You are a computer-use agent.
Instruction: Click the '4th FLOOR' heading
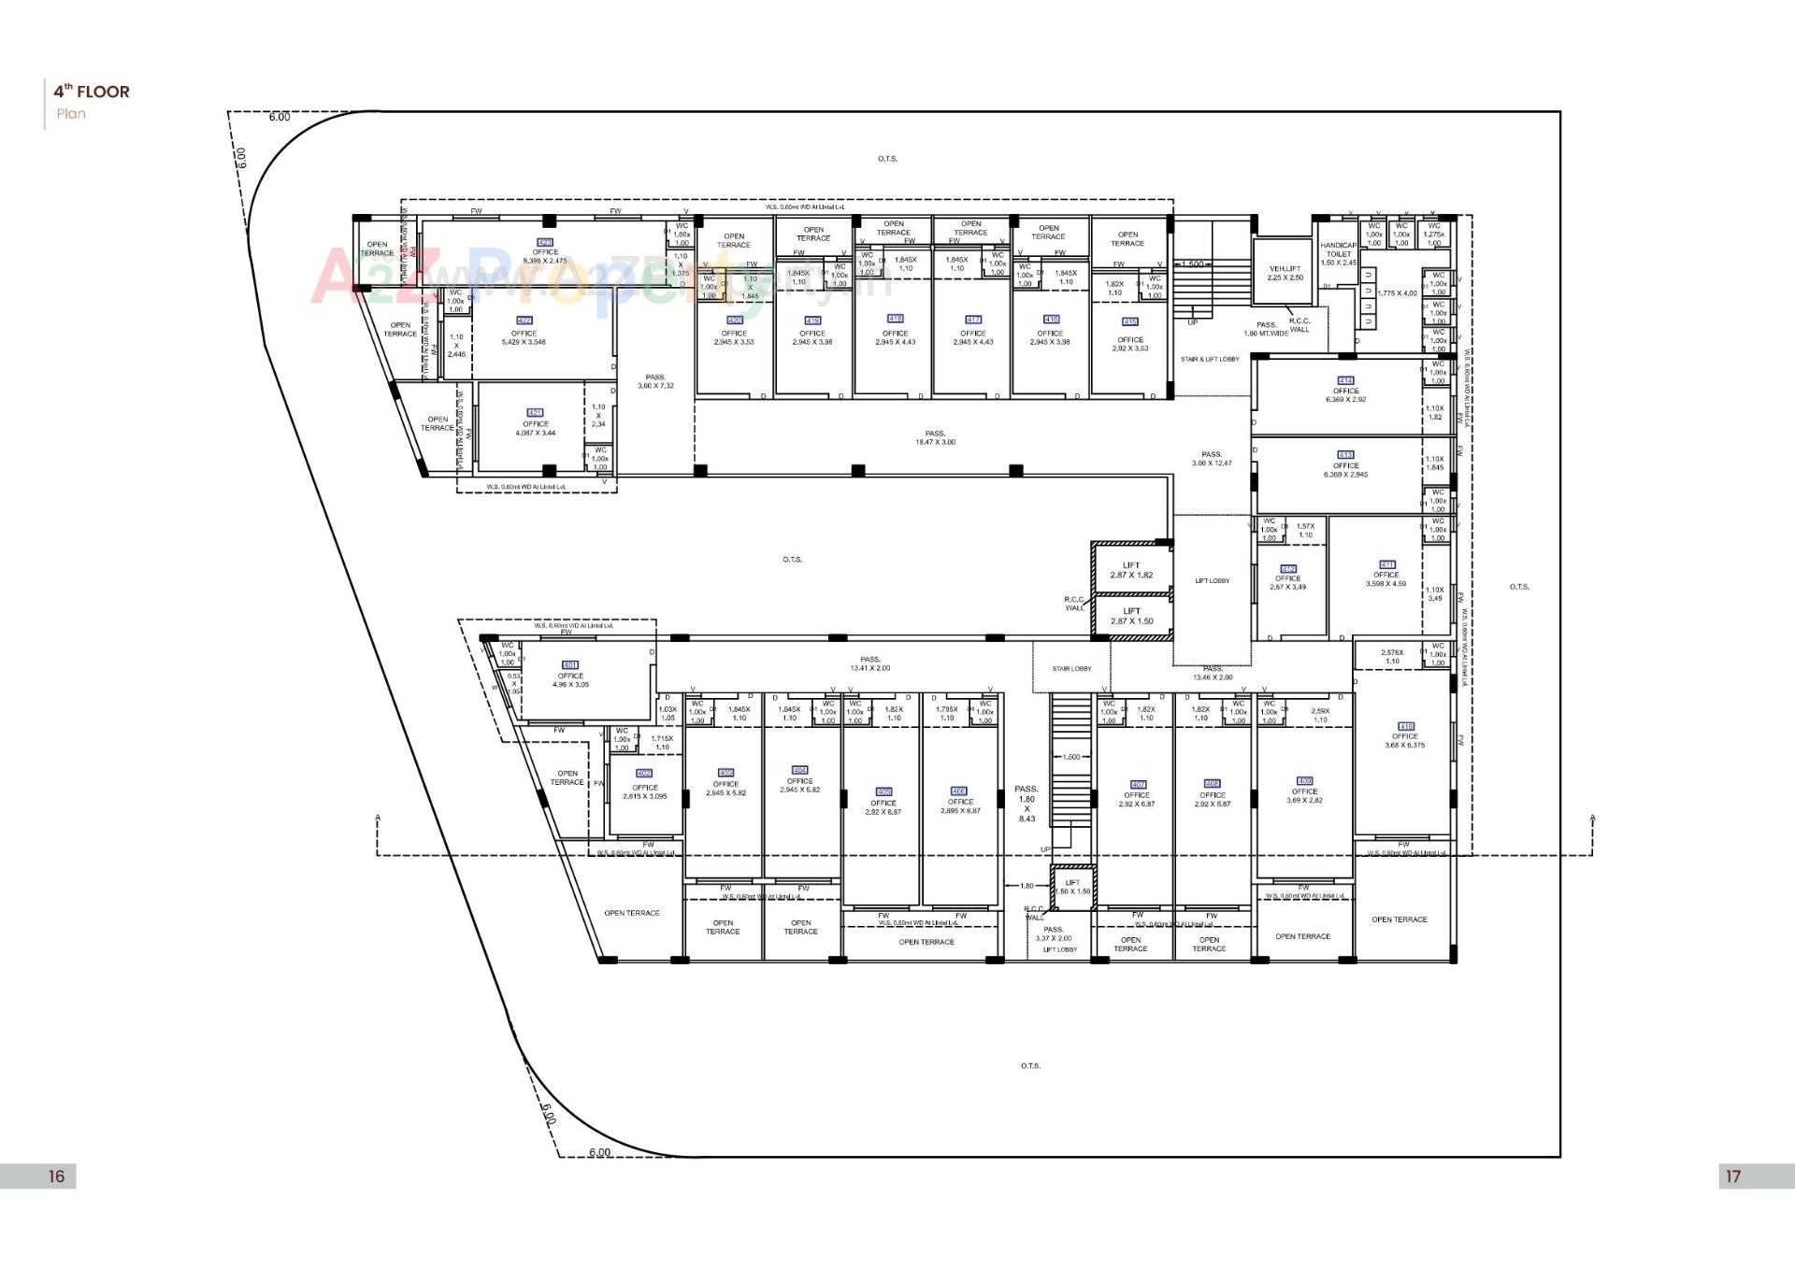pyautogui.click(x=91, y=92)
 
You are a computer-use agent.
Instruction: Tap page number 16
pyautogui.click(x=56, y=1176)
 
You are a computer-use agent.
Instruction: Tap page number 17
pyautogui.click(x=1733, y=1176)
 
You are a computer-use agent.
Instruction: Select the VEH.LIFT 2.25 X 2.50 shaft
pyautogui.click(x=1285, y=273)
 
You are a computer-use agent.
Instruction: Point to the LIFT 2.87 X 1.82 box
pyautogui.click(x=1131, y=570)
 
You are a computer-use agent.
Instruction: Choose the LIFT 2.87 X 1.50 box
pyautogui.click(x=1131, y=616)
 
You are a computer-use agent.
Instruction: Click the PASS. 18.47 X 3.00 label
pyautogui.click(x=935, y=437)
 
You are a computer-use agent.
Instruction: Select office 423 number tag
pyautogui.click(x=546, y=242)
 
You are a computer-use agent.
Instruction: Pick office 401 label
pyautogui.click(x=570, y=675)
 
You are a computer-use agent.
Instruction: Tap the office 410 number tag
pyautogui.click(x=1405, y=725)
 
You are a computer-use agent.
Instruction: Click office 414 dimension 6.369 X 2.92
pyautogui.click(x=1345, y=399)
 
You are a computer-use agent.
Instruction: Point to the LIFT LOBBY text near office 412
pyautogui.click(x=1212, y=581)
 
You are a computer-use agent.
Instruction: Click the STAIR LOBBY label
pyautogui.click(x=1071, y=668)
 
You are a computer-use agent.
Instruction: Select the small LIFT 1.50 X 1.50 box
pyautogui.click(x=1072, y=887)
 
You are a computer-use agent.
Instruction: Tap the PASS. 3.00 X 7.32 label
pyautogui.click(x=655, y=381)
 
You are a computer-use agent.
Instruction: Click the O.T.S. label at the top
pyautogui.click(x=887, y=159)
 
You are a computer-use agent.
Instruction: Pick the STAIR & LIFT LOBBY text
pyautogui.click(x=1210, y=359)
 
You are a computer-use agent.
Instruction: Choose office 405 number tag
pyautogui.click(x=883, y=791)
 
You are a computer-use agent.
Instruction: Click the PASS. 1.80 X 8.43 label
pyautogui.click(x=1027, y=804)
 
